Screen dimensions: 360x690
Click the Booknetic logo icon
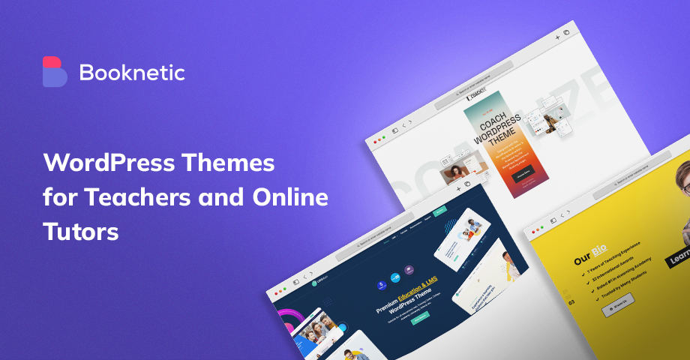[55, 72]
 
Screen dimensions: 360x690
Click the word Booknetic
[131, 73]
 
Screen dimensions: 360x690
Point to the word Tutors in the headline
[81, 232]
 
